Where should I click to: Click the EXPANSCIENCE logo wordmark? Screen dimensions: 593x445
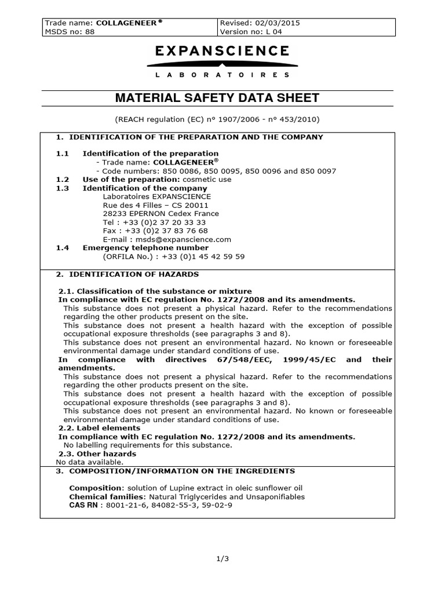(x=222, y=51)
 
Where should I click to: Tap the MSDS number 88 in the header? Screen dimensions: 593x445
(x=89, y=32)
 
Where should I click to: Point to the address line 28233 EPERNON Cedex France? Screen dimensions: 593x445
(x=161, y=213)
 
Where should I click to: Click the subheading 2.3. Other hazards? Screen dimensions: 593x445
(x=97, y=453)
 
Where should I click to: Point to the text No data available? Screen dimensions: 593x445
(x=89, y=462)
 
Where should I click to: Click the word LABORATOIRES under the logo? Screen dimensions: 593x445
(x=222, y=75)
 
